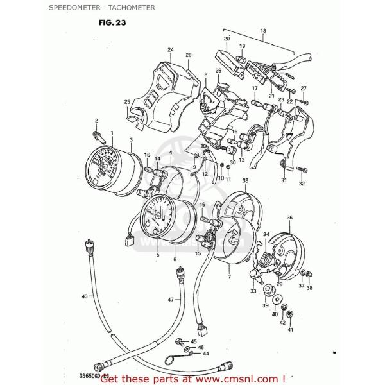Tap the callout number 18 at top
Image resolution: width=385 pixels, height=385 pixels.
[262, 31]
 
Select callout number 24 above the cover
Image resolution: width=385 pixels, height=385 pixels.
[171, 50]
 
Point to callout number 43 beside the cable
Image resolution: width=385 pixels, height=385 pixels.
[84, 296]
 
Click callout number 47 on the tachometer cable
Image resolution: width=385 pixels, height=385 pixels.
[171, 300]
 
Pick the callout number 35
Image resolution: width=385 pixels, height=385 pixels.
[244, 182]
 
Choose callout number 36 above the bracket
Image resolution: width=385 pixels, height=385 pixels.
[289, 218]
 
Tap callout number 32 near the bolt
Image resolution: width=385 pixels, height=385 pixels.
[302, 184]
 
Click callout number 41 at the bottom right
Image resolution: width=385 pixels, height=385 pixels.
[289, 330]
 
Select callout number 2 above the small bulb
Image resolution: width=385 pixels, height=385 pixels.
[96, 121]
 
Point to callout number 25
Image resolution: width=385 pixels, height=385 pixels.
[127, 102]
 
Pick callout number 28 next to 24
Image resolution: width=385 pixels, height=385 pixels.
[189, 55]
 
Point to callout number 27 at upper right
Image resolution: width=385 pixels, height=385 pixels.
[304, 88]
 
